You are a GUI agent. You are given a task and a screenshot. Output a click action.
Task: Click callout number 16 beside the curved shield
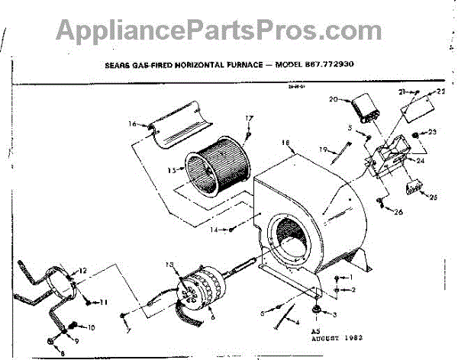[132, 124]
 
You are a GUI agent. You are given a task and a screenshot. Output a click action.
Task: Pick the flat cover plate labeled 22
[419, 104]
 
